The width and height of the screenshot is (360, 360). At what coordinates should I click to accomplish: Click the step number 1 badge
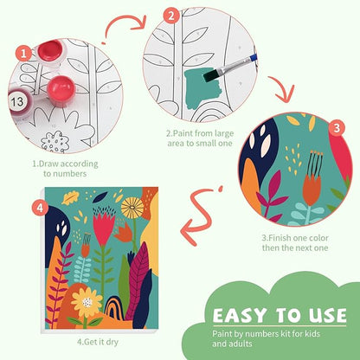point(23,54)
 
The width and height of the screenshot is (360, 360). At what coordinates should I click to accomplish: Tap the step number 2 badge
point(171,16)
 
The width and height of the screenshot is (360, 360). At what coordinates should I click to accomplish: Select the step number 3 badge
point(337,128)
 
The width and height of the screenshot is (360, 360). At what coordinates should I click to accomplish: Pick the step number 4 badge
point(40,208)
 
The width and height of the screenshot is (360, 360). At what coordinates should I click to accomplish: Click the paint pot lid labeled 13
point(18,101)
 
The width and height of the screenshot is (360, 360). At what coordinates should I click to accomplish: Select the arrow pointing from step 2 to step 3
point(281,89)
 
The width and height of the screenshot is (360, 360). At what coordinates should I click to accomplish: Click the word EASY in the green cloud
point(240,315)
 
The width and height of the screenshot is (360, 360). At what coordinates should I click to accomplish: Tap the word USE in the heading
point(327,315)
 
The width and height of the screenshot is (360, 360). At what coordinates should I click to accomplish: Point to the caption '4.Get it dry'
point(98,342)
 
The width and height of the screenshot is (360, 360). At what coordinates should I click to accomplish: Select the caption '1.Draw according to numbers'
point(65,169)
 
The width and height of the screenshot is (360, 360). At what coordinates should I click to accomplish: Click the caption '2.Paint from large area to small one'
point(200,138)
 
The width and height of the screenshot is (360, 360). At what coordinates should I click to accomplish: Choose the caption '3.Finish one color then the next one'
point(295,243)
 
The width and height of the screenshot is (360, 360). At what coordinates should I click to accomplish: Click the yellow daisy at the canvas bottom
point(87,302)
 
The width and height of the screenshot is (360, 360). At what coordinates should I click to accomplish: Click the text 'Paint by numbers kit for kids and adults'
point(267,338)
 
